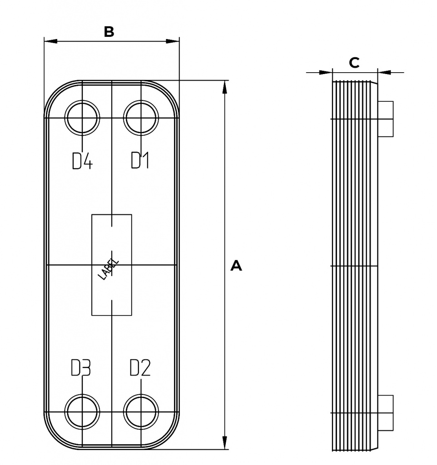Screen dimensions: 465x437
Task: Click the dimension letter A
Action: [x=236, y=266]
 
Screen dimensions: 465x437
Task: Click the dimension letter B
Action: [x=109, y=32]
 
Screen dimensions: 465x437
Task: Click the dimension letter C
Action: [x=354, y=63]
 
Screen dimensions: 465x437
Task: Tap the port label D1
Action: [x=140, y=160]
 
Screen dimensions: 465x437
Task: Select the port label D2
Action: [x=140, y=368]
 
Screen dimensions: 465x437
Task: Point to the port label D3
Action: [x=81, y=368]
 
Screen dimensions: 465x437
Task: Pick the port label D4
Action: [x=82, y=160]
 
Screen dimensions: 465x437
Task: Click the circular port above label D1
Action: [x=141, y=118]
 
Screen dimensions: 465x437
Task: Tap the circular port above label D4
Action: [x=82, y=118]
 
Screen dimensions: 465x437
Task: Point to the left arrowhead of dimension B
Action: [x=50, y=41]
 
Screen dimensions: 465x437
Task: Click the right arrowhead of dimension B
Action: [x=173, y=41]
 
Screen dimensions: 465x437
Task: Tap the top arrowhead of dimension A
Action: [x=224, y=87]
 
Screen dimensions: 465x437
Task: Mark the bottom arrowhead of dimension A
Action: [x=224, y=443]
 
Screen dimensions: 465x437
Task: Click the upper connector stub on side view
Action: [x=386, y=119]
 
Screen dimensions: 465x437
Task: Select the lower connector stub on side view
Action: [x=386, y=413]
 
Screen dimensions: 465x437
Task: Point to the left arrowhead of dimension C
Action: [x=327, y=72]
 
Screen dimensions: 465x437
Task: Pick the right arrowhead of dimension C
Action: [x=384, y=72]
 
